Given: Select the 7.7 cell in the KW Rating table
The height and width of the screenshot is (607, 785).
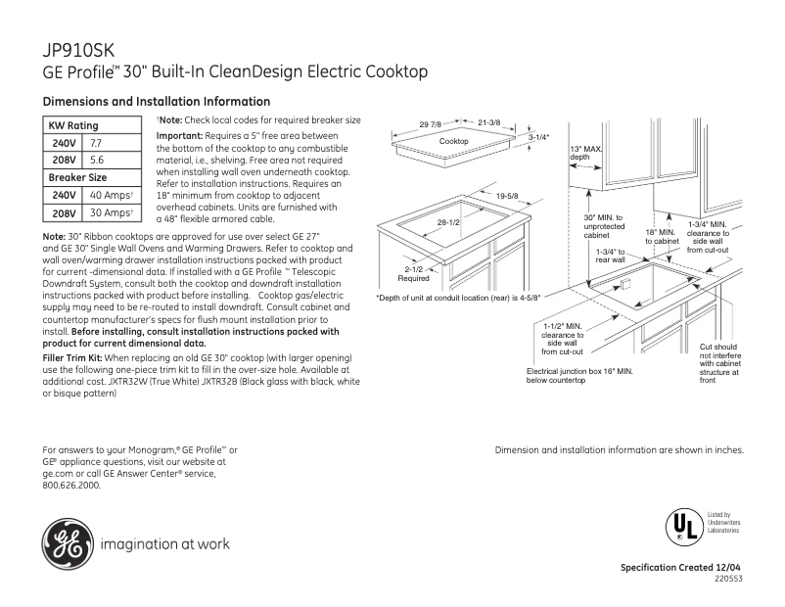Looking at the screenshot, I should click(96, 143).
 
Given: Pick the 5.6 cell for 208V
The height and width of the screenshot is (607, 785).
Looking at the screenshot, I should click(96, 160).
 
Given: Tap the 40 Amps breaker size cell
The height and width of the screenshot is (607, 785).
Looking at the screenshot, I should click(110, 196).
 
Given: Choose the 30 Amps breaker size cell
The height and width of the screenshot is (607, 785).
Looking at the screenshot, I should click(110, 212).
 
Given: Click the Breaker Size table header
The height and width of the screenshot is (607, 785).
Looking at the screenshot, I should click(78, 177).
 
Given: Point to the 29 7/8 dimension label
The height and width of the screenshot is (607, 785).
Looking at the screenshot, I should click(431, 123).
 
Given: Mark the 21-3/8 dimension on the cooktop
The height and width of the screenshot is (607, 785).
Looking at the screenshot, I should click(488, 122).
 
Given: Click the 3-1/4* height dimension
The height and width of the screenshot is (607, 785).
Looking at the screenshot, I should click(539, 137).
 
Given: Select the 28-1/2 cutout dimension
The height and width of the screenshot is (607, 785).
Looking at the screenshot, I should click(448, 223).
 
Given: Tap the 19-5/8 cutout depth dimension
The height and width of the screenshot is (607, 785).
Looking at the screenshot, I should click(506, 197).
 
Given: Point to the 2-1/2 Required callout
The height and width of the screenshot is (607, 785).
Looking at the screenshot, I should click(413, 273).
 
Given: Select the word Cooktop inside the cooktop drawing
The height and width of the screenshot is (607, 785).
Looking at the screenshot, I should click(453, 142).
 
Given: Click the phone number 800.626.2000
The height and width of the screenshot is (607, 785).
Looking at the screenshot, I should click(71, 485).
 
